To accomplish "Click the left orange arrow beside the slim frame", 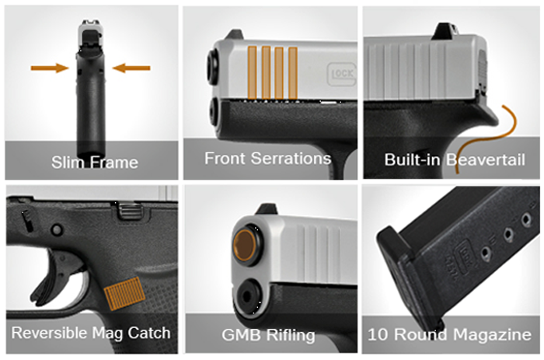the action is click(50, 68).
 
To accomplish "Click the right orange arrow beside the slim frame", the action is click(131, 68).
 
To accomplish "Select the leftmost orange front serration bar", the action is click(253, 73).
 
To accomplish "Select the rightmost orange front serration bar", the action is click(293, 74).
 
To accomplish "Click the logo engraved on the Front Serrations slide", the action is click(341, 74).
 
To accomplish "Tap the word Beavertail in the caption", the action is click(485, 159).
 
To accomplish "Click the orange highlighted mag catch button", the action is click(124, 293).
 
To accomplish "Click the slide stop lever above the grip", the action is click(130, 211).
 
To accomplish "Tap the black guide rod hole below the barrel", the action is click(247, 296).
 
